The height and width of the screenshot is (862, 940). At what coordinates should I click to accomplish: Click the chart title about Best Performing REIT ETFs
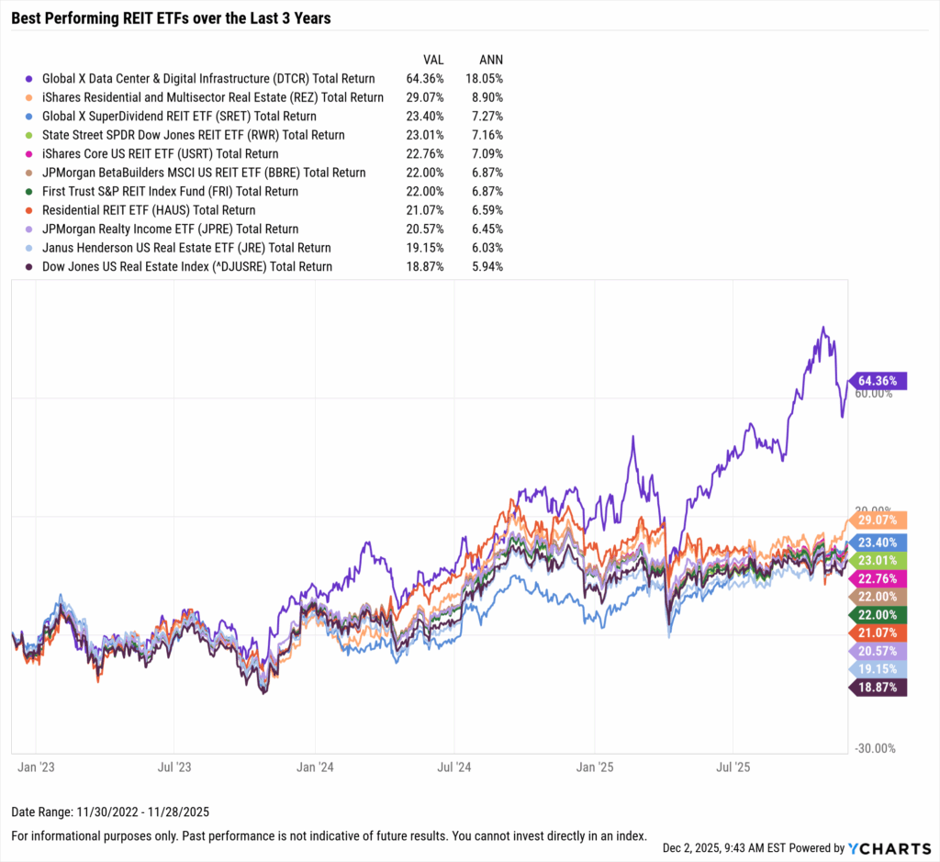[171, 17]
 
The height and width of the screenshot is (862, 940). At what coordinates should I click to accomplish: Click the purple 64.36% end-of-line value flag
[879, 380]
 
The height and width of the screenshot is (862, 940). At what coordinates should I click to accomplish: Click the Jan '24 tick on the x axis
[315, 765]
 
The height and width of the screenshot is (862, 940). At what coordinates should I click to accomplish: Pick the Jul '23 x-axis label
[174, 765]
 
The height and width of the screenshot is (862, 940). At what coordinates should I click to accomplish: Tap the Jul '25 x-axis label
[733, 765]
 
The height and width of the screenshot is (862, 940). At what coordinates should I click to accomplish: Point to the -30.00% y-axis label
[874, 748]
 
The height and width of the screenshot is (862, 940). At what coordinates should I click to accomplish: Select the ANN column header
[490, 60]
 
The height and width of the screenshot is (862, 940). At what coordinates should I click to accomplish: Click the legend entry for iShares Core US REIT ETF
[160, 154]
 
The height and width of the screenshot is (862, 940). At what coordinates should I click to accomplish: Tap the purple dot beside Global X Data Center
[30, 79]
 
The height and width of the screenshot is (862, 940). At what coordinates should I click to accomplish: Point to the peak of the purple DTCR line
[823, 327]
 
